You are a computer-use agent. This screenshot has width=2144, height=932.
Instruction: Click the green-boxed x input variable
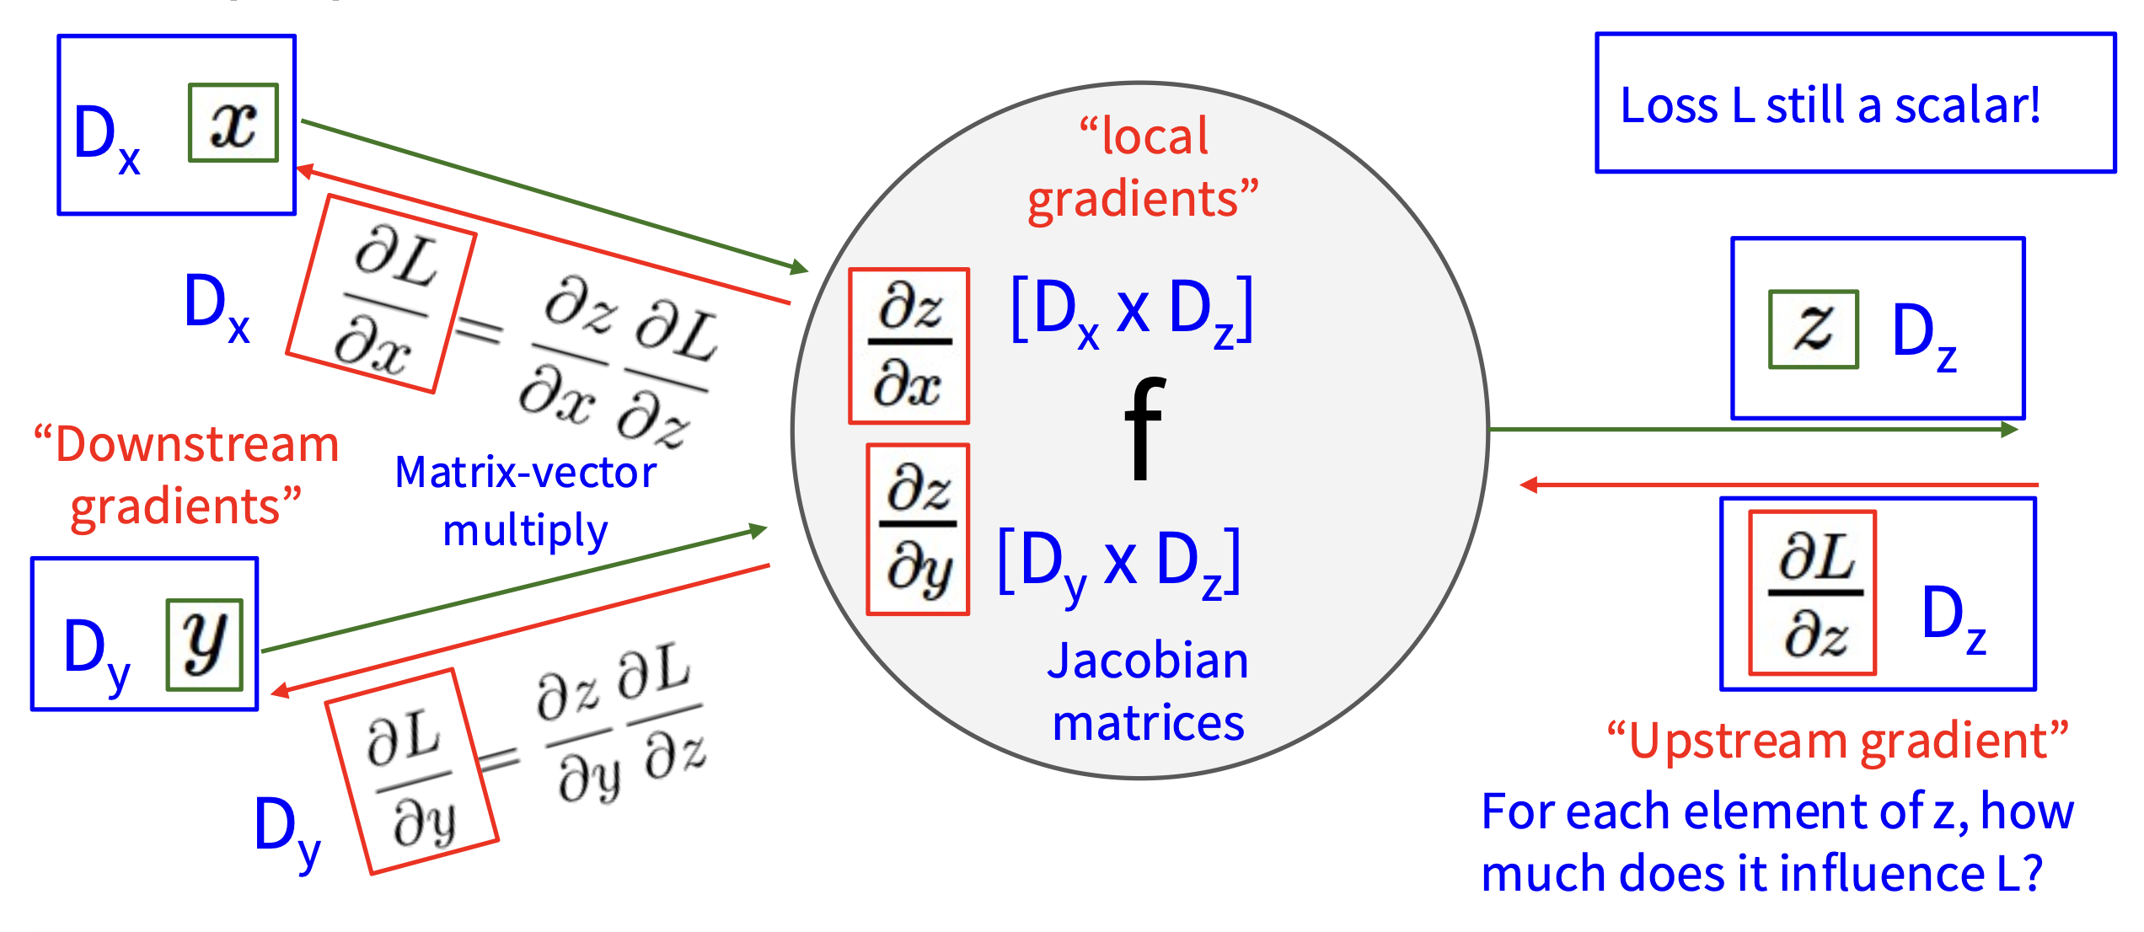tap(233, 123)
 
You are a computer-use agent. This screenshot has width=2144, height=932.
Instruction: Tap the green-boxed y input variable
tap(205, 645)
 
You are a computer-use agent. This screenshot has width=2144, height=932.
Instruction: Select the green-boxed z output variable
tap(1813, 329)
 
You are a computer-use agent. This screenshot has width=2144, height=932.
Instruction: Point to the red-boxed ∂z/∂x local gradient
tap(909, 346)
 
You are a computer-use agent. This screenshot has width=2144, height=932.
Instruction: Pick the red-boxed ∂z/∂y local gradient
tap(918, 529)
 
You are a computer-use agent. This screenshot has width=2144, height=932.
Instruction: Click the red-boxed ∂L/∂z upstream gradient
tap(1812, 593)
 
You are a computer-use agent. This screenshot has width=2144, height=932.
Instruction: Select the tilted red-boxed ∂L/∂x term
tap(382, 294)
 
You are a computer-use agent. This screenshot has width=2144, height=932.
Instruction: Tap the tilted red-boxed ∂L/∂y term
tap(412, 772)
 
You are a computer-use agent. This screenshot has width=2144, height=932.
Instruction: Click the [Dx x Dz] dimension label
tap(1132, 311)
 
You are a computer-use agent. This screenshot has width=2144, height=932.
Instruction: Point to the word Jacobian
tap(1147, 661)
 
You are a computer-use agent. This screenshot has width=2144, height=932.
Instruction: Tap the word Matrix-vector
tap(525, 472)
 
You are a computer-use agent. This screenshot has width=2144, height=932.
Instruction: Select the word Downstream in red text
tap(196, 444)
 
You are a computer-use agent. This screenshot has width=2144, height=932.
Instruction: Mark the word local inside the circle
tap(1155, 136)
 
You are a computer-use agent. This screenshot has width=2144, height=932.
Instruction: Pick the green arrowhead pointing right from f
tap(2009, 430)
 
